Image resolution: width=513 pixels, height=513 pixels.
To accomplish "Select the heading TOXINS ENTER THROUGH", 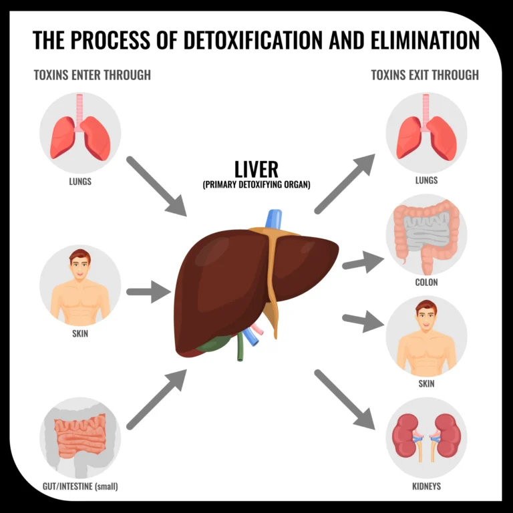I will click(x=92, y=75).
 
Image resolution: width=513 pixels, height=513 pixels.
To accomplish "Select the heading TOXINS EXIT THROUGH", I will click(x=425, y=75).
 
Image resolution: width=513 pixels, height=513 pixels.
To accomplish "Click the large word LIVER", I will click(x=256, y=168).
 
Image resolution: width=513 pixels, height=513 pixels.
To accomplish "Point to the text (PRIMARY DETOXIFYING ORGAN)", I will click(x=256, y=185).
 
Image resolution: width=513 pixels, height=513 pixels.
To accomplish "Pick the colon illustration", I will click(x=426, y=235).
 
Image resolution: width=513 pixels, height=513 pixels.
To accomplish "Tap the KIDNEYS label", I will click(x=426, y=486).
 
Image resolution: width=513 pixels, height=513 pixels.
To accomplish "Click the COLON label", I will click(x=426, y=283).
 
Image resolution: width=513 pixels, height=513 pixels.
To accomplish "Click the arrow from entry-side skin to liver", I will click(x=148, y=292).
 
